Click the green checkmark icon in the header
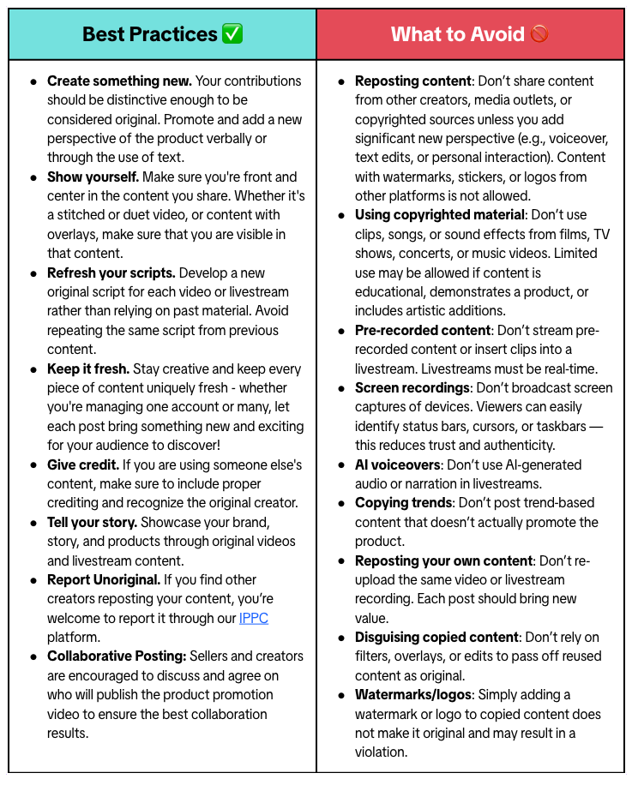coord(232,34)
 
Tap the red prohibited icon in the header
coord(539,34)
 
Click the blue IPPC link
coord(253,618)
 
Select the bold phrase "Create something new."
coord(119,81)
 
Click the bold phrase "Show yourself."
coord(93,177)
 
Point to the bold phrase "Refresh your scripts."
coord(111,273)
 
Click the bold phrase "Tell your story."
coord(92,522)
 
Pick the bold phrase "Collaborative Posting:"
coord(115,656)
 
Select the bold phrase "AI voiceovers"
coord(397,464)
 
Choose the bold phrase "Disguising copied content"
coord(436,637)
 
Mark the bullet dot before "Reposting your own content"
coord(341,561)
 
